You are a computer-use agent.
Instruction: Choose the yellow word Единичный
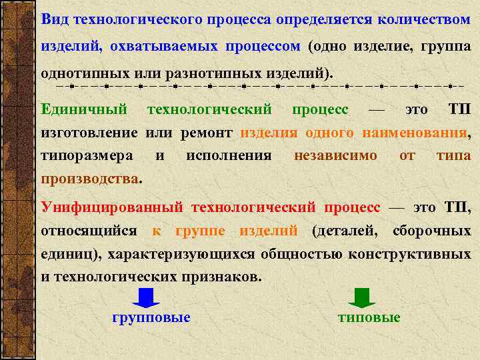point(84,109)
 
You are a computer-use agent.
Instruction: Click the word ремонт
point(206,133)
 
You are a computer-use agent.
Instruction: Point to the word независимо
point(335,156)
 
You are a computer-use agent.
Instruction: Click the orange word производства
point(90,179)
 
